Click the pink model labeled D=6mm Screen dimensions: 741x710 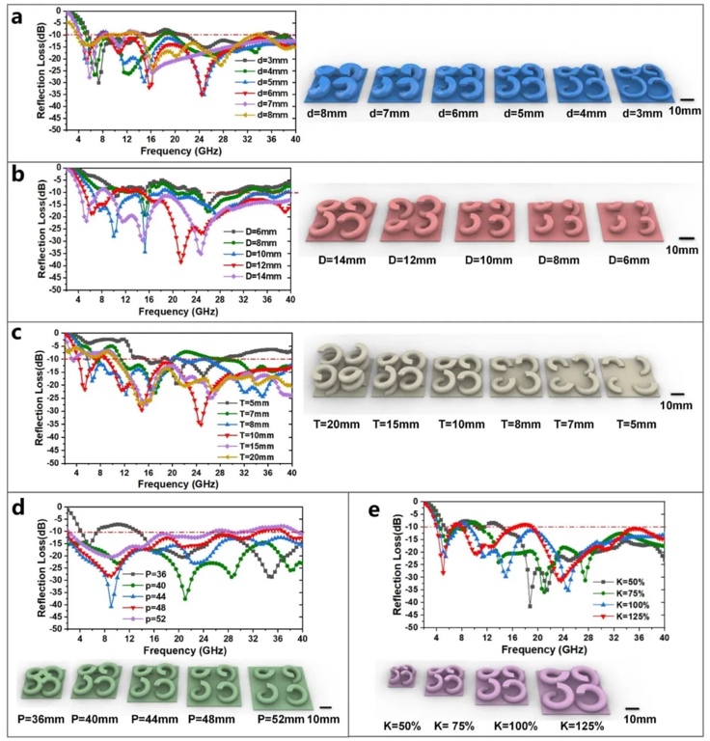click(x=623, y=221)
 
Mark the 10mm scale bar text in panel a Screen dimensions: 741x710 click(x=686, y=113)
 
